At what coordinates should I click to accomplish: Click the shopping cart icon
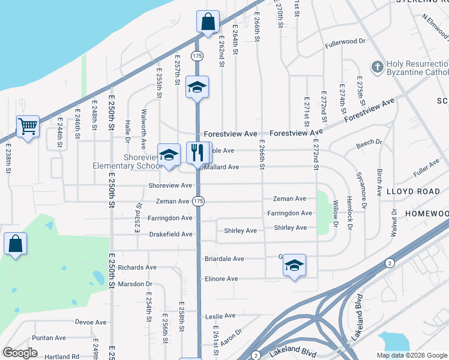pyautogui.click(x=28, y=127)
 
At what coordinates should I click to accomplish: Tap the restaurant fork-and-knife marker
pyautogui.click(x=197, y=153)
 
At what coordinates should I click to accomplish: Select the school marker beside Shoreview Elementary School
pyautogui.click(x=169, y=154)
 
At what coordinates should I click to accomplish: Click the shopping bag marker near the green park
pyautogui.click(x=15, y=244)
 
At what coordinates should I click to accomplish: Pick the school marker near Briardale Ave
pyautogui.click(x=294, y=265)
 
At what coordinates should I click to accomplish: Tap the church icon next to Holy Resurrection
pyautogui.click(x=378, y=66)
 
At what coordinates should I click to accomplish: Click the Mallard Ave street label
pyautogui.click(x=221, y=167)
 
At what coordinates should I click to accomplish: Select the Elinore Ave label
pyautogui.click(x=221, y=279)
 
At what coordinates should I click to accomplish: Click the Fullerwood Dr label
pyautogui.click(x=345, y=43)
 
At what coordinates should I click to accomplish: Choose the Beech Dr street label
pyautogui.click(x=369, y=143)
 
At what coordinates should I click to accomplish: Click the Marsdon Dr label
pyautogui.click(x=135, y=284)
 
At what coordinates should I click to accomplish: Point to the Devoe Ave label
pyautogui.click(x=91, y=322)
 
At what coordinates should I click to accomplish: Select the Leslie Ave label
pyautogui.click(x=220, y=316)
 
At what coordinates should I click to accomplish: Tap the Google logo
pyautogui.click(x=20, y=353)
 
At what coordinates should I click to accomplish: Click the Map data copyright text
pyautogui.click(x=411, y=355)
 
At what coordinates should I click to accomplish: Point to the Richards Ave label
pyautogui.click(x=137, y=268)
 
